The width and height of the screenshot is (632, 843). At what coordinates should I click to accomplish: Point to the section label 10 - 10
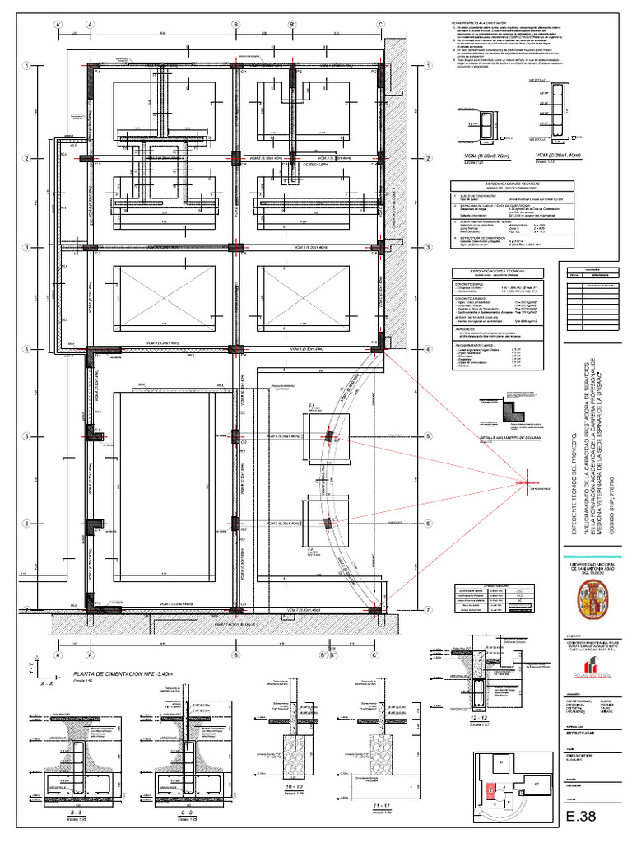(290, 787)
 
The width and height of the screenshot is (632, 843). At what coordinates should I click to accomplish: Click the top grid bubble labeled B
(237, 26)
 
